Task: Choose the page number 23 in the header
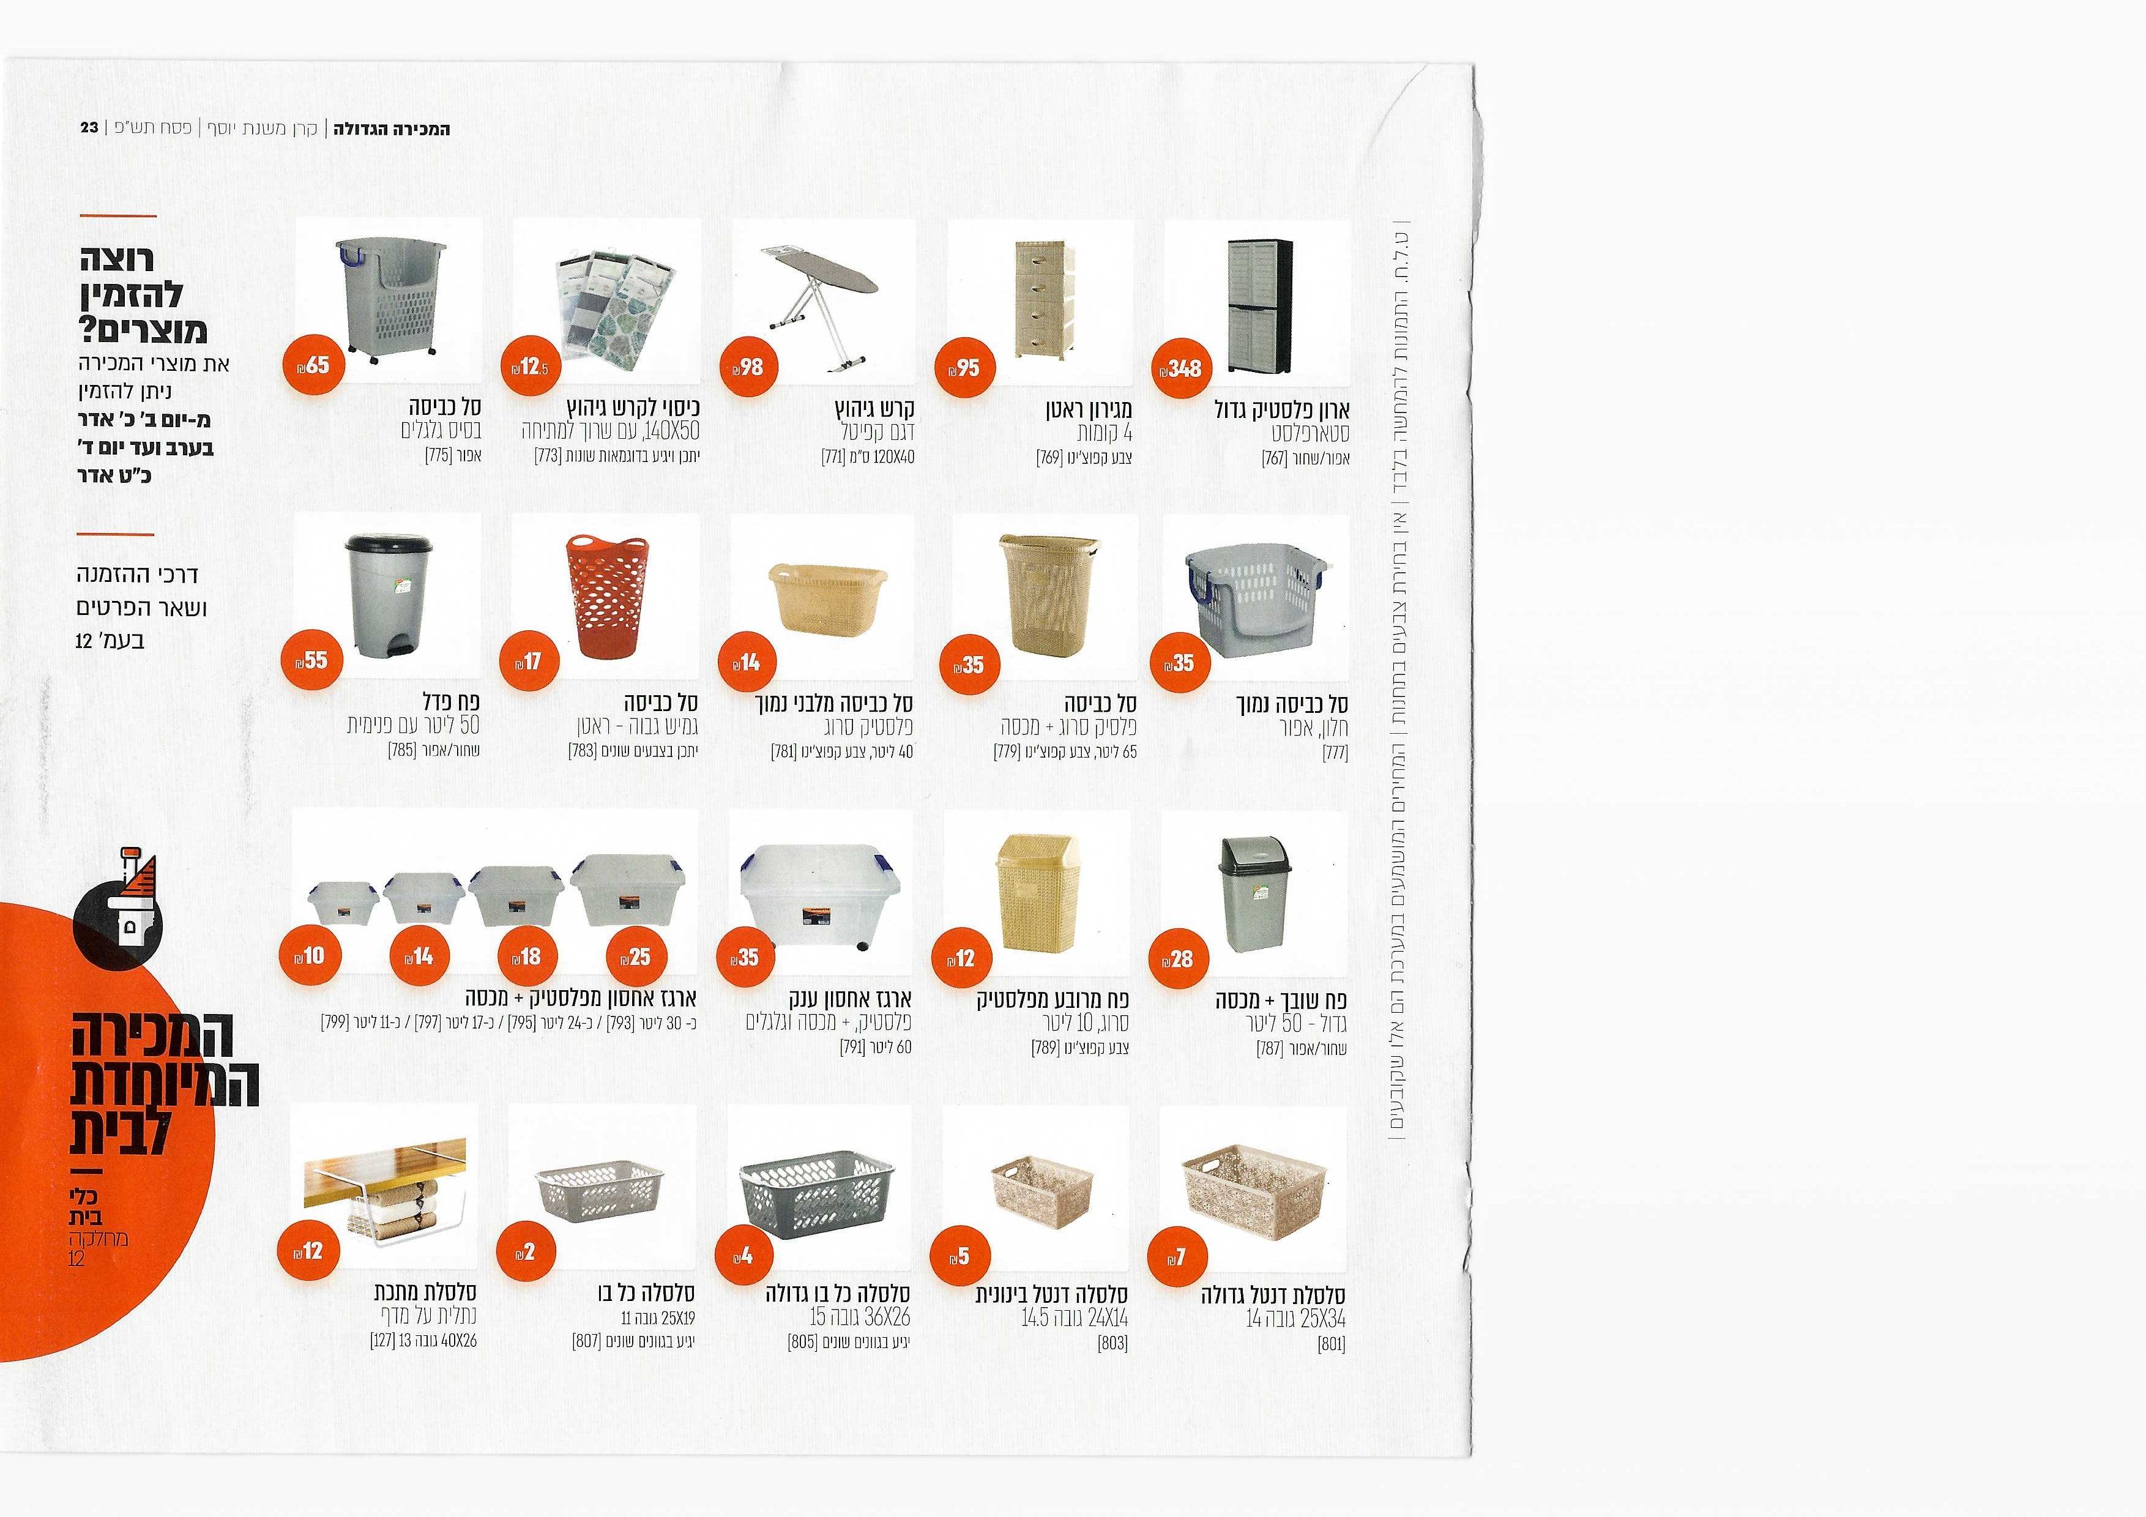click(90, 127)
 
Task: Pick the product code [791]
click(852, 1048)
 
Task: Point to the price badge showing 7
click(1177, 1257)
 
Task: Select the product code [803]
click(1112, 1343)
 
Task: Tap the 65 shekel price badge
click(314, 365)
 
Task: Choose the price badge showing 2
click(526, 1251)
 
